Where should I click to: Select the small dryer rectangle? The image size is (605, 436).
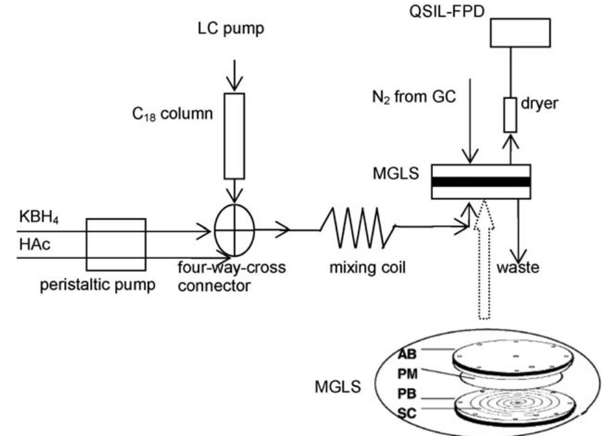point(510,114)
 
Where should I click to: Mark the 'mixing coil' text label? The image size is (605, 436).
point(367,269)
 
